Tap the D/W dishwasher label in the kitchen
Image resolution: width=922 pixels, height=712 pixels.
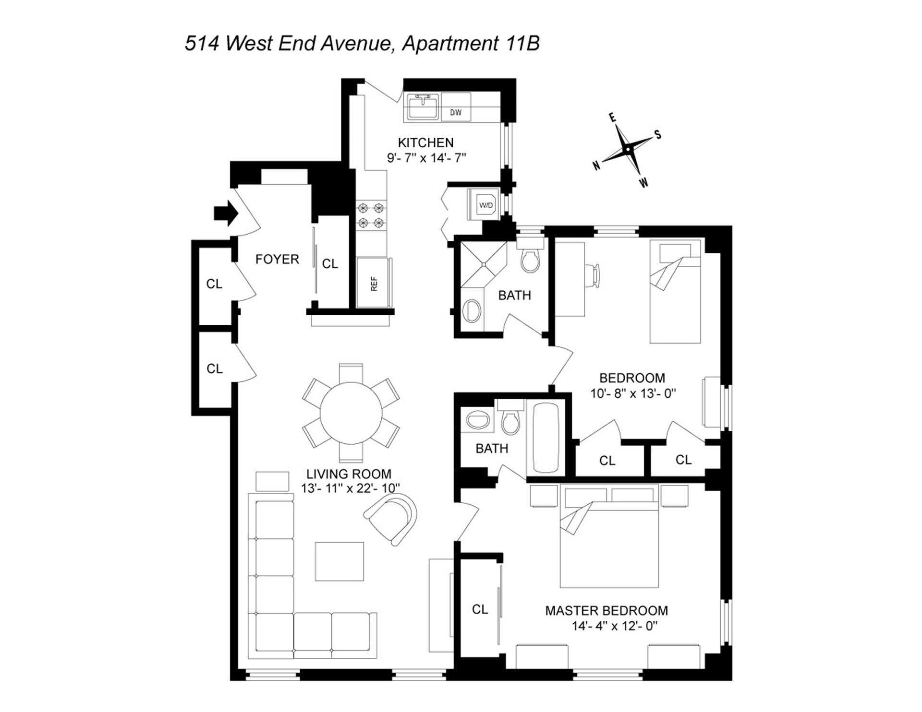tap(455, 113)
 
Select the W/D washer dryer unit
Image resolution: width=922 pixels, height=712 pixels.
tap(485, 205)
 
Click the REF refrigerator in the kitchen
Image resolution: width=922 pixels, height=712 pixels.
tap(374, 284)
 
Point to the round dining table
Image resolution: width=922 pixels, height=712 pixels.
tap(351, 413)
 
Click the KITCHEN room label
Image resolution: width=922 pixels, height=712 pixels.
tap(425, 142)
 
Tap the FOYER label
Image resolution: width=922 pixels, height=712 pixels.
tap(277, 260)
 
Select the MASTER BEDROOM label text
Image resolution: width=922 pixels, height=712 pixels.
tap(606, 611)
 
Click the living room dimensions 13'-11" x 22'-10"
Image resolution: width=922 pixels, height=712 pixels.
tap(351, 488)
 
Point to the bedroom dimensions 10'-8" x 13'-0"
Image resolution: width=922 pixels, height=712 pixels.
tap(632, 393)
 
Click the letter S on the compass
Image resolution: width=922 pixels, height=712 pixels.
tap(658, 135)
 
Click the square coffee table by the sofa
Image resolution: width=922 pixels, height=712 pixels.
tap(339, 561)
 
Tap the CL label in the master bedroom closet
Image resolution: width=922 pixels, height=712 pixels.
tap(480, 609)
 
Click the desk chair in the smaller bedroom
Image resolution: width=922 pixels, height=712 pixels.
tap(595, 276)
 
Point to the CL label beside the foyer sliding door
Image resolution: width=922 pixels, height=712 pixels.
tap(330, 264)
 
